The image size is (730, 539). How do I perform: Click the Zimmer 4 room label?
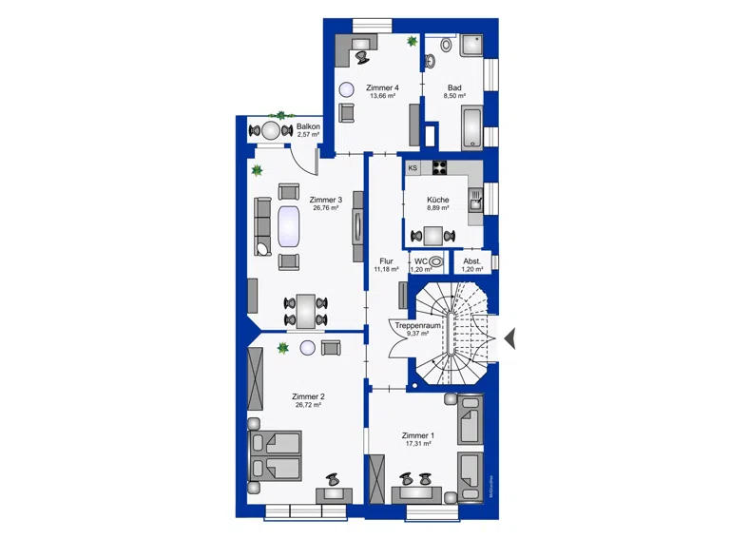pyautogui.click(x=382, y=87)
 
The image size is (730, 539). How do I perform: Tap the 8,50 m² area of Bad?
pyautogui.click(x=454, y=96)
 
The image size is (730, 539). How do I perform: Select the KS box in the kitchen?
pyautogui.click(x=413, y=168)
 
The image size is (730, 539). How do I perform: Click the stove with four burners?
pyautogui.click(x=439, y=167)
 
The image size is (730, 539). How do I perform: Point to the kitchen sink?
pyautogui.click(x=476, y=202)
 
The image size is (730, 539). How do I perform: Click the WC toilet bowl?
pyautogui.click(x=435, y=261)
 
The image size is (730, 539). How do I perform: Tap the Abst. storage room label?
pyautogui.click(x=472, y=261)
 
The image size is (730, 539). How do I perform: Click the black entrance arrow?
pyautogui.click(x=510, y=338)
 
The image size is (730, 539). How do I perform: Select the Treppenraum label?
pyautogui.click(x=417, y=326)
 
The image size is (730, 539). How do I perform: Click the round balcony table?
pyautogui.click(x=270, y=131)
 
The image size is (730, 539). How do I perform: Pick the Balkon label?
pyautogui.click(x=308, y=126)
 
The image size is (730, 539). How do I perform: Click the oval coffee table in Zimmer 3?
pyautogui.click(x=289, y=226)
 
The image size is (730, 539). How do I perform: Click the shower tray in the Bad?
pyautogui.click(x=471, y=46)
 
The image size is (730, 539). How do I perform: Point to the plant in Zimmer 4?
pyautogui.click(x=412, y=42)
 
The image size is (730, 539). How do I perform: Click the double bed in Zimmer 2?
pyautogui.click(x=275, y=455)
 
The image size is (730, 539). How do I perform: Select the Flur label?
pyautogui.click(x=387, y=261)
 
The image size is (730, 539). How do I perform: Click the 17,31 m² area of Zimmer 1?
pyautogui.click(x=418, y=444)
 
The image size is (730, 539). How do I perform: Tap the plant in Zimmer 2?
pyautogui.click(x=282, y=348)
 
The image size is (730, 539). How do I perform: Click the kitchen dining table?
pyautogui.click(x=433, y=236)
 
